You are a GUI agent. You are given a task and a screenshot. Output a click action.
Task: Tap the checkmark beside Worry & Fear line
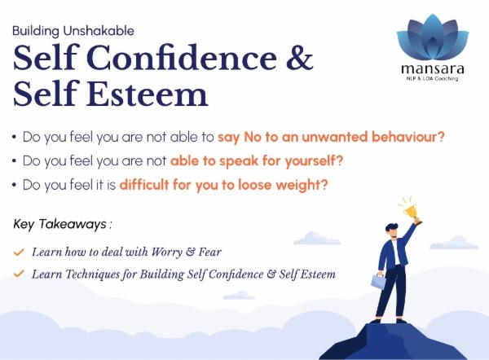coord(18,252)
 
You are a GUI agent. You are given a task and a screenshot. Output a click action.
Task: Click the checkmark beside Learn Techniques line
coord(18,274)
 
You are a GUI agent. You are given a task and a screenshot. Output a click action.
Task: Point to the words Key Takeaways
coord(59,223)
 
